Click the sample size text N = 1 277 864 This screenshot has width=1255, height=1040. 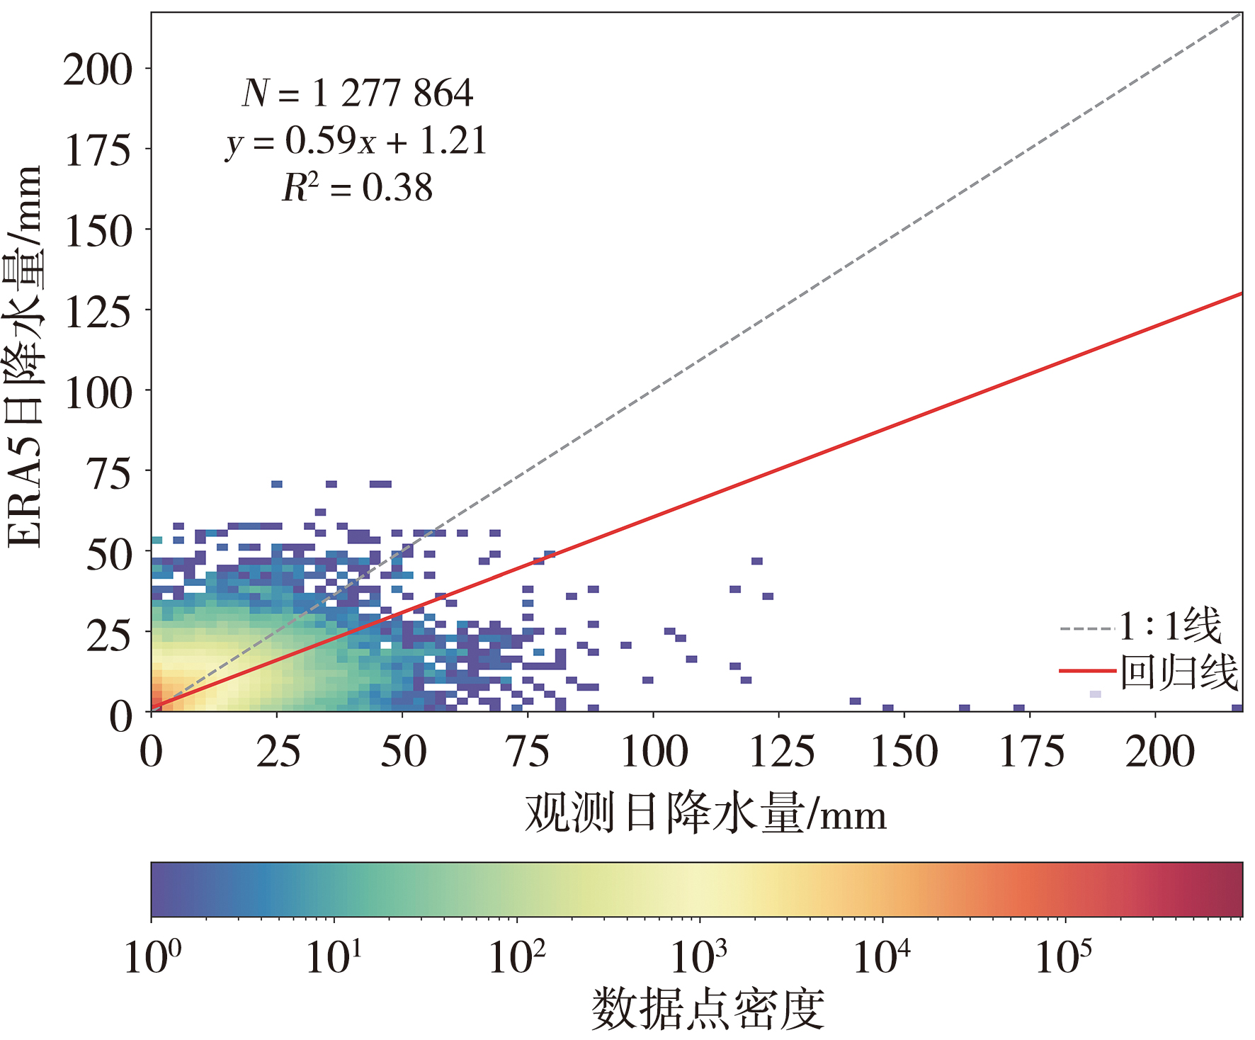(x=358, y=93)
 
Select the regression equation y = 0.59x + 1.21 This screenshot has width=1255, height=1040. (x=356, y=141)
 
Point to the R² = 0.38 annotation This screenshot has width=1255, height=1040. (x=357, y=188)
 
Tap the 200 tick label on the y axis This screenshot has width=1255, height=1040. (x=98, y=69)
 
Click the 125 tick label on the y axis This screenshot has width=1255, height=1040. (x=98, y=312)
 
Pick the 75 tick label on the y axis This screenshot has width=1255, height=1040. (x=109, y=473)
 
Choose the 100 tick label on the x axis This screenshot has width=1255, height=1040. (x=654, y=752)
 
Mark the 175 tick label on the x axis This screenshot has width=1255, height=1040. (x=1030, y=752)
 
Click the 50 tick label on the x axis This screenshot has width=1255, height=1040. (x=403, y=752)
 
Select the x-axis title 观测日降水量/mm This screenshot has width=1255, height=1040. (x=705, y=813)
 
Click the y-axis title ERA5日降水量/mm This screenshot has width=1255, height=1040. (x=24, y=357)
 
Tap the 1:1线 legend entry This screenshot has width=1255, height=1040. (x=1171, y=626)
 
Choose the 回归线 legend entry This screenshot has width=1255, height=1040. (x=1179, y=672)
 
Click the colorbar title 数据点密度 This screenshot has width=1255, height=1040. (x=708, y=1010)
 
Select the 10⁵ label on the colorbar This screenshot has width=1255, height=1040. (x=1063, y=956)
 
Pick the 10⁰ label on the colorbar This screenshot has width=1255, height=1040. (x=152, y=956)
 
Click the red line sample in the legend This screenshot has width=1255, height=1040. (x=1087, y=671)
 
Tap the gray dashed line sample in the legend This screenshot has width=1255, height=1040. (x=1087, y=628)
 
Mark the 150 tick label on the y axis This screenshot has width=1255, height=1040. (x=98, y=231)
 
